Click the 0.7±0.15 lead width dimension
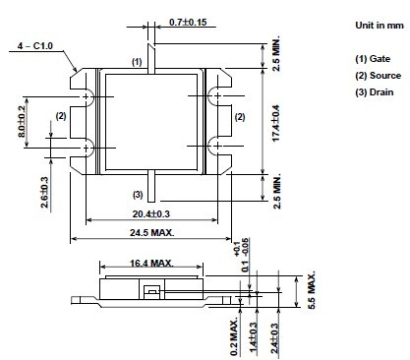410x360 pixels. [x=188, y=23]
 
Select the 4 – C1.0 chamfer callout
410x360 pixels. [x=35, y=45]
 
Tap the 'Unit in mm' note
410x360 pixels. [x=380, y=26]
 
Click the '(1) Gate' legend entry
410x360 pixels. [x=373, y=59]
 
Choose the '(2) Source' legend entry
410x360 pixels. [x=378, y=76]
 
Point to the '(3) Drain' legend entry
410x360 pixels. [x=375, y=92]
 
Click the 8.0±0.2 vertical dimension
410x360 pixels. [x=22, y=122]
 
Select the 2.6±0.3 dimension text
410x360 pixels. [x=44, y=193]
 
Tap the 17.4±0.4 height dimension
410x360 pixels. [x=276, y=123]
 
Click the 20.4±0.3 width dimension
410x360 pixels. [x=151, y=214]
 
